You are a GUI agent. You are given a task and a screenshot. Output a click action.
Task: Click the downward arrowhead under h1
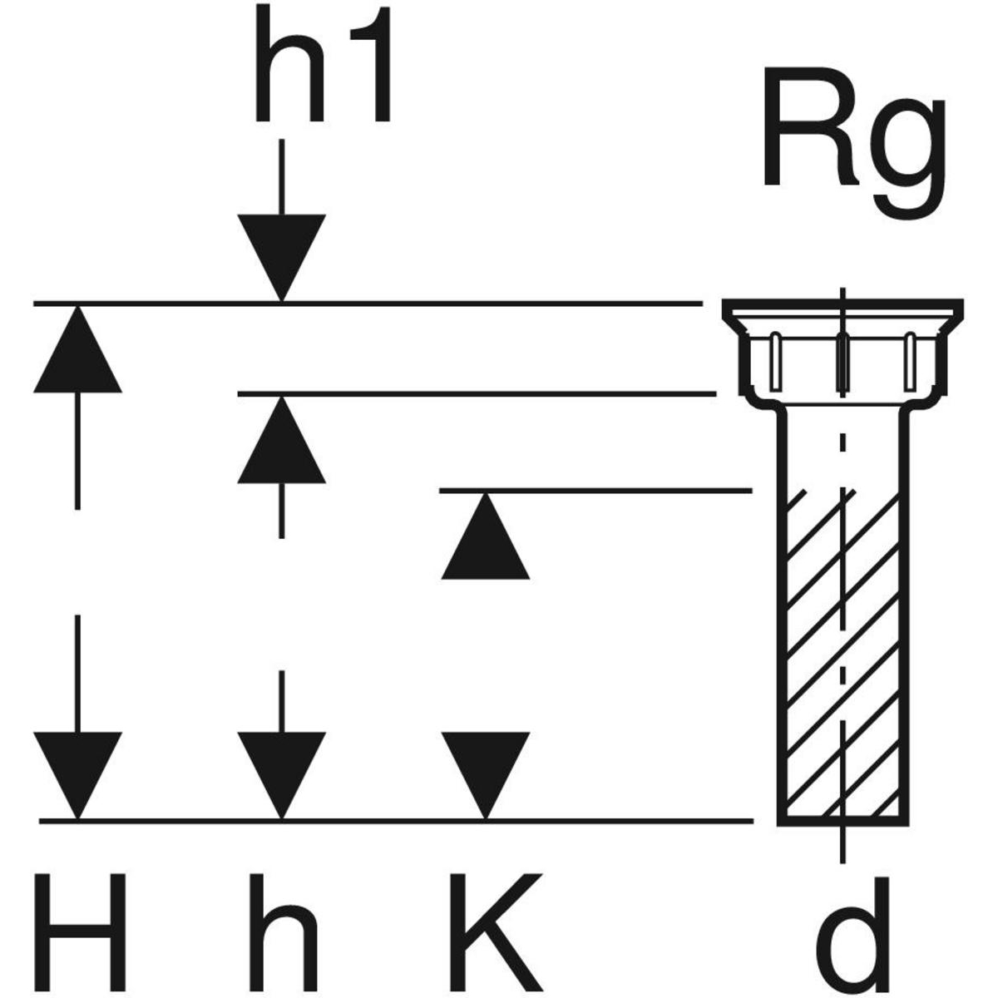pos(281,254)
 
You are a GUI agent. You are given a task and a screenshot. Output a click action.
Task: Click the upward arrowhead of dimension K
pos(485,539)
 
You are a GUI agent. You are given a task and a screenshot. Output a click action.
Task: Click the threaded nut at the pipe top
pos(842,362)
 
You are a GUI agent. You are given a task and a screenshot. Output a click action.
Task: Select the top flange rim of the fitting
pos(842,309)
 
